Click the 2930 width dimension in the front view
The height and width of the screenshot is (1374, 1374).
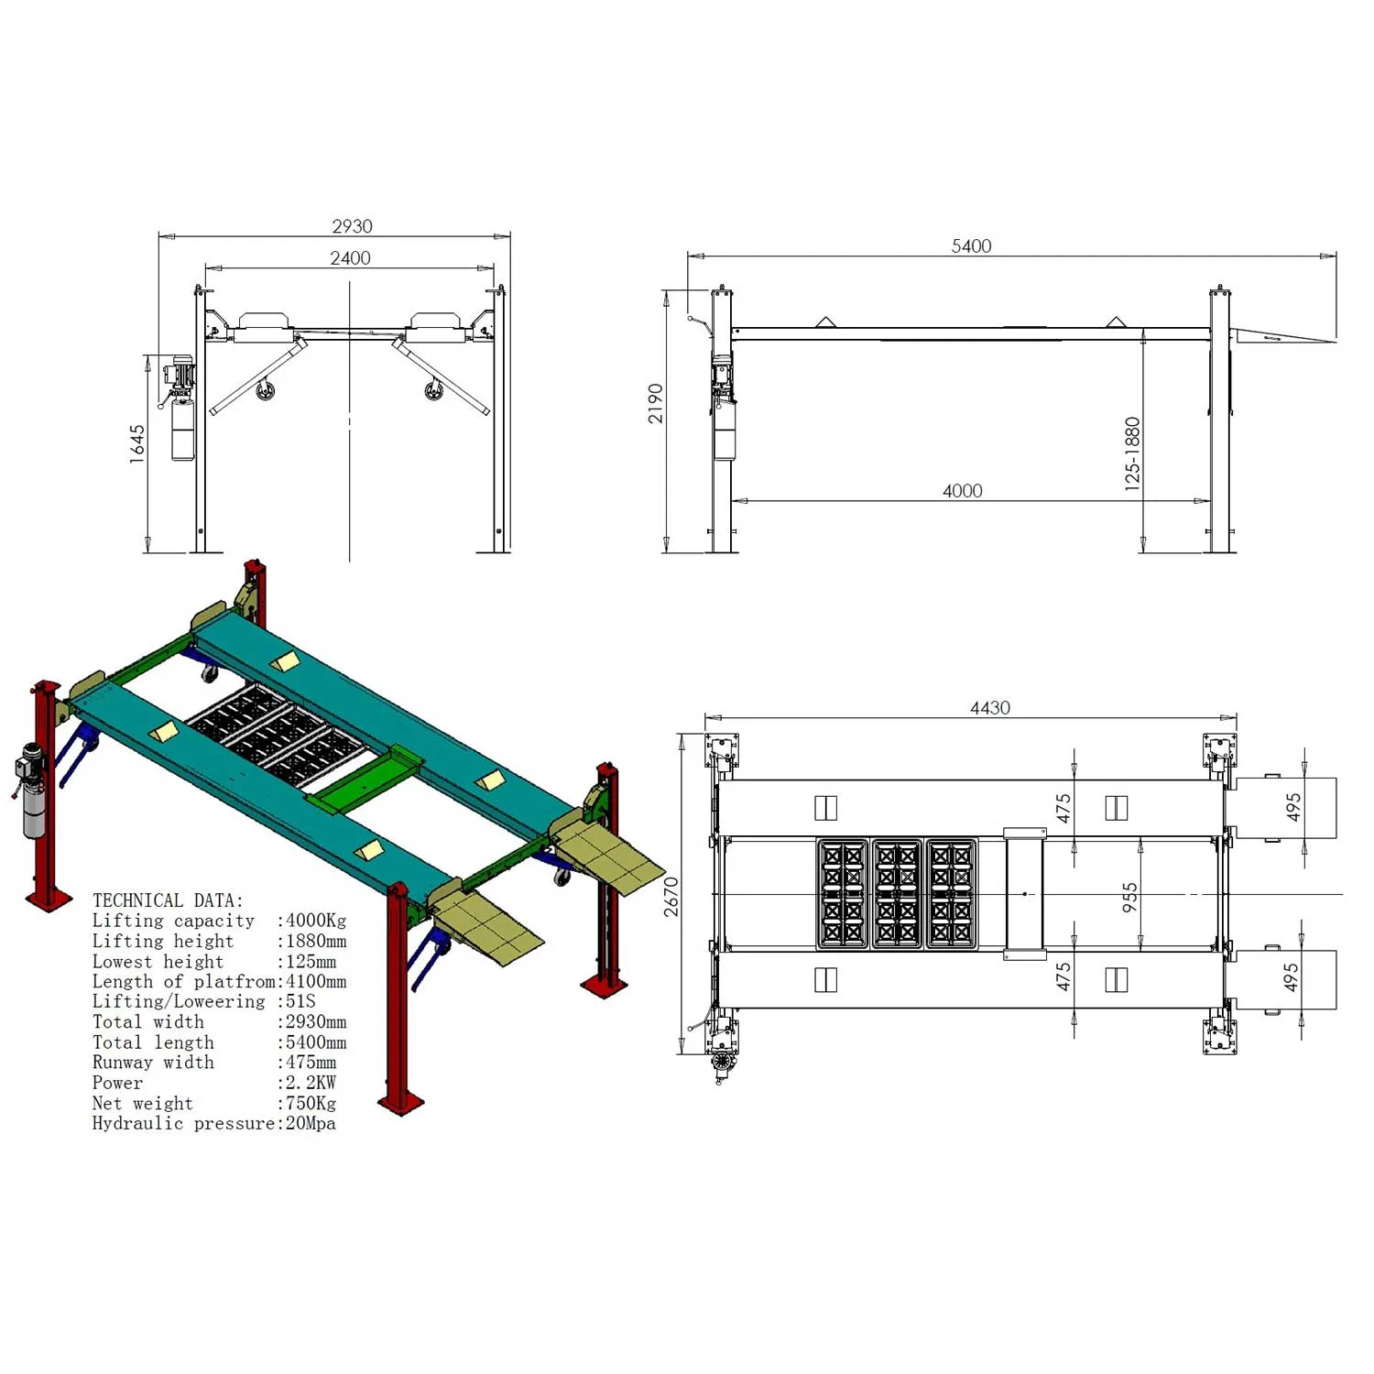[352, 225]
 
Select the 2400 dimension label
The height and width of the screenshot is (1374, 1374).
[350, 257]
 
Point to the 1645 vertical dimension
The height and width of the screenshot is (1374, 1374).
[136, 444]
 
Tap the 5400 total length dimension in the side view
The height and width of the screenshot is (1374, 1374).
[971, 245]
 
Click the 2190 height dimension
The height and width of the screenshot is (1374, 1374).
[656, 403]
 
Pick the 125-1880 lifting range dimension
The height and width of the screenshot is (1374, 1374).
[1132, 454]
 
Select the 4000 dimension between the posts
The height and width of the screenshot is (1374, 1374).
[962, 490]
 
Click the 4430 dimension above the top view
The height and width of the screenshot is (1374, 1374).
[989, 707]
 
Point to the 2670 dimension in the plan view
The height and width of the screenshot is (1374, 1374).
[671, 896]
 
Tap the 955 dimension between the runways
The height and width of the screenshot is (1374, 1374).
[1129, 896]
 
